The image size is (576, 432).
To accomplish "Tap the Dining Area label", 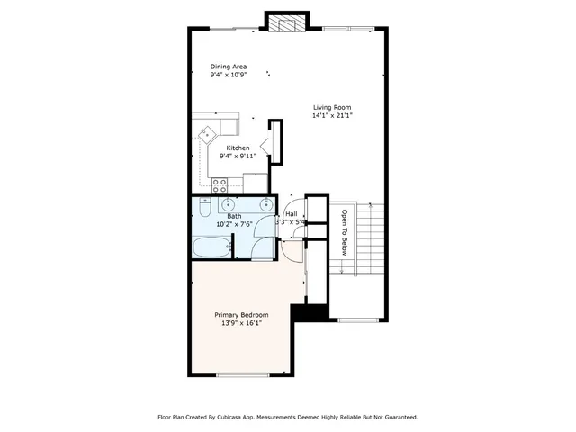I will point(229,67).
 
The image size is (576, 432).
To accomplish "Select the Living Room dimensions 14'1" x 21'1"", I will point(332,116).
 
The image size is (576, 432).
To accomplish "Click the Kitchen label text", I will point(238,148).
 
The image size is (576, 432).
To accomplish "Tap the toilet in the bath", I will point(204,209).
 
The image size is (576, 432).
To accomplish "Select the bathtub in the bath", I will point(212,245).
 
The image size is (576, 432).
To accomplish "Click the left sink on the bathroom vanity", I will point(228,204).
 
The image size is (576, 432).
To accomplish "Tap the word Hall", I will point(292,214).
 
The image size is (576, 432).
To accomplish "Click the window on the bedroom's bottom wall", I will point(243,374).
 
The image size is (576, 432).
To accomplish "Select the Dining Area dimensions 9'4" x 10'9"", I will point(229,76).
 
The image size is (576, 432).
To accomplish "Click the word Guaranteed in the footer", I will point(397,418).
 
